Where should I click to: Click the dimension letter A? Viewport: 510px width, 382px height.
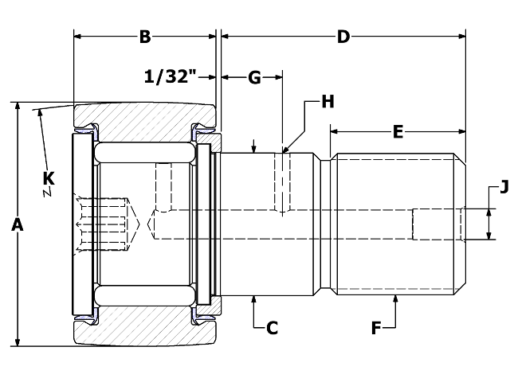coord(17,225)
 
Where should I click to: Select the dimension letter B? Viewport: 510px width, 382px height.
coord(145,36)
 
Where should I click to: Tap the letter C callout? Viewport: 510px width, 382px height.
coord(272,327)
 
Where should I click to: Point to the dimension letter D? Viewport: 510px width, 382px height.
coord(343,36)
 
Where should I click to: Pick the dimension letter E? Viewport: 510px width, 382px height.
coord(398,132)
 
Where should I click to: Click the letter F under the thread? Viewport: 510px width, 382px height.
coord(378,327)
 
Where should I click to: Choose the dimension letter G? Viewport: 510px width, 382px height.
coord(254,77)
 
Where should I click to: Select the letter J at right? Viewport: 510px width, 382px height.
coord(503,188)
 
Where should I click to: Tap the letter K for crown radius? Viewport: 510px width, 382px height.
coord(49,177)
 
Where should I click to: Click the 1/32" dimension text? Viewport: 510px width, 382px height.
coord(170,77)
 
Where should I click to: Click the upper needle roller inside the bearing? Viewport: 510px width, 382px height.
coord(145,152)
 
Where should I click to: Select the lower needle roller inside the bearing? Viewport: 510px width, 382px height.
coord(145,296)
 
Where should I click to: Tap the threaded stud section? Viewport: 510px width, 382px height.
coord(396,224)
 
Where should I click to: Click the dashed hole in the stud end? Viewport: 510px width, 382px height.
coord(437,224)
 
